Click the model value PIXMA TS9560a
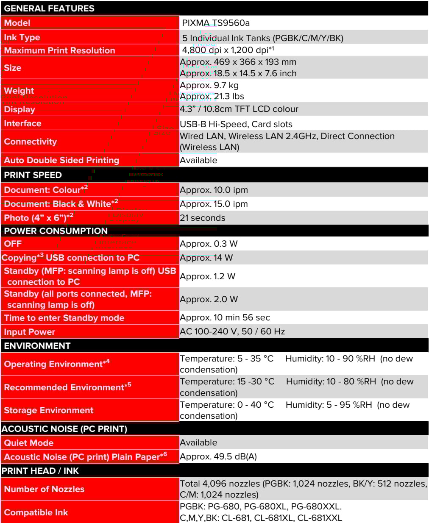coord(216,23)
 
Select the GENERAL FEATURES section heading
coord(49,8)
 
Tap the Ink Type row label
coord(22,37)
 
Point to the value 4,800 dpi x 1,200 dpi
coord(228,50)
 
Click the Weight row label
coord(19,91)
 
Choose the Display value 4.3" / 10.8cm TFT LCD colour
coord(239,109)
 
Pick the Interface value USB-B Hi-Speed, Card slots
coord(236,124)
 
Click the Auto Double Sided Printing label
coord(61,160)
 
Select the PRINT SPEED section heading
coord(33,175)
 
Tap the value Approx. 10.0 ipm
coord(214,190)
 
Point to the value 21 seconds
coord(203,218)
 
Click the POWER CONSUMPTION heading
coord(56,231)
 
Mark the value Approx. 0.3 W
coord(209,244)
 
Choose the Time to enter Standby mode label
coord(64,318)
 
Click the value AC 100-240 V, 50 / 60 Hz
coord(232,331)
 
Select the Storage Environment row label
coord(49,410)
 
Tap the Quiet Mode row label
coord(29,443)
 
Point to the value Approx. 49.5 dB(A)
coord(218,456)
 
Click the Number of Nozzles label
coord(44,489)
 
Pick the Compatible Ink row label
coord(36,512)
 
